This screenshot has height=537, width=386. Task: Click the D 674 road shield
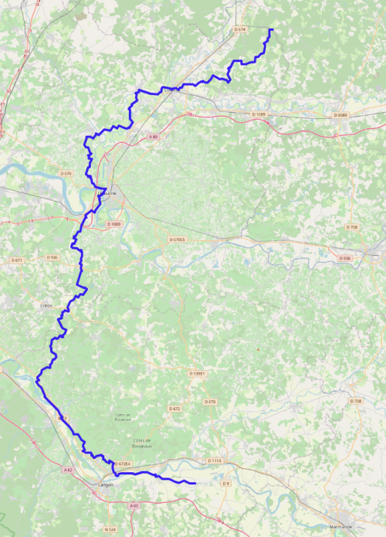pos(239,29)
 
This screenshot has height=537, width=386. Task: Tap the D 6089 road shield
pos(340,115)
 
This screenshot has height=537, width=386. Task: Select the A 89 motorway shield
pos(153,137)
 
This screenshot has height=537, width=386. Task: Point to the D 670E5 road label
pos(177,240)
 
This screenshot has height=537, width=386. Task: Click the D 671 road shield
pos(17,260)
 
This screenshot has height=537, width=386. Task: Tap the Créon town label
pos(46,305)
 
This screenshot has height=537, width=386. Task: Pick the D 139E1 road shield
pos(198,373)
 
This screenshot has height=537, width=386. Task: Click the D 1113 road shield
pos(215,461)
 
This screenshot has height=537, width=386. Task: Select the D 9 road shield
pos(225,483)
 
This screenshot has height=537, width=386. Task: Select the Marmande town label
pos(340,526)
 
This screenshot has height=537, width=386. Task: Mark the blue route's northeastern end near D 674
pos(273,29)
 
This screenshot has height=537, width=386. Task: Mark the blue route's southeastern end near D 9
pos(195,483)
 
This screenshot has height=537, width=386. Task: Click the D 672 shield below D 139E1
pos(174,408)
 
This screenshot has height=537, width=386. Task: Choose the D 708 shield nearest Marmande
pos(355,401)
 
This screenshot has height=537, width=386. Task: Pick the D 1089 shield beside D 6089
pos(259,114)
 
